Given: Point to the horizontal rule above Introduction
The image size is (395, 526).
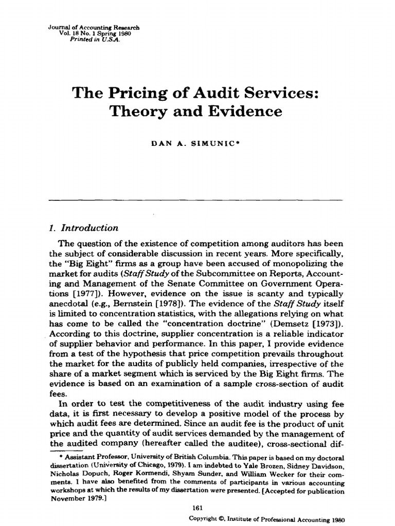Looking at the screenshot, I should click(x=195, y=199).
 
